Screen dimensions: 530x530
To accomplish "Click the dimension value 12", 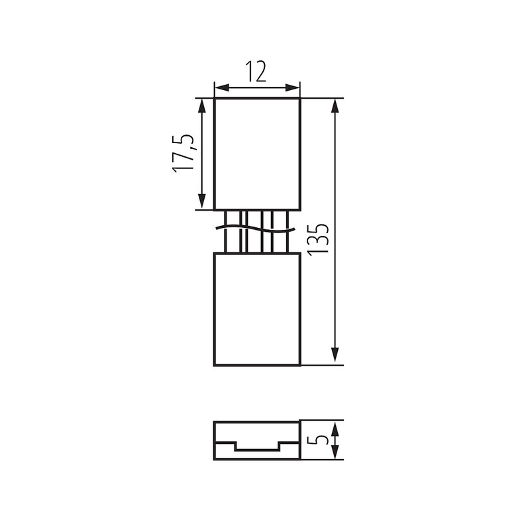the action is (256, 72).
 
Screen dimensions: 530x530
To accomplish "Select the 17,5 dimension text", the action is (184, 154).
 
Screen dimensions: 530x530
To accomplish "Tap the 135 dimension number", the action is (318, 239).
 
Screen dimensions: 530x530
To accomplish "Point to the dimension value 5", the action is (318, 440).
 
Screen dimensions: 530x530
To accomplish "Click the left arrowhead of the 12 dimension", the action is (222, 88).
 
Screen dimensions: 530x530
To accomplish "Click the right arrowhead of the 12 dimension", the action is (293, 88).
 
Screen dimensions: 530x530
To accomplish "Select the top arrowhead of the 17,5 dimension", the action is (202, 106).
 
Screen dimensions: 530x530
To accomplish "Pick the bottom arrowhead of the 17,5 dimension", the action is (202, 201).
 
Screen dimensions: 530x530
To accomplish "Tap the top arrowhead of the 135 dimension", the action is (335, 106).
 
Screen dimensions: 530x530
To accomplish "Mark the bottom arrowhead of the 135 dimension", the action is (335, 356).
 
